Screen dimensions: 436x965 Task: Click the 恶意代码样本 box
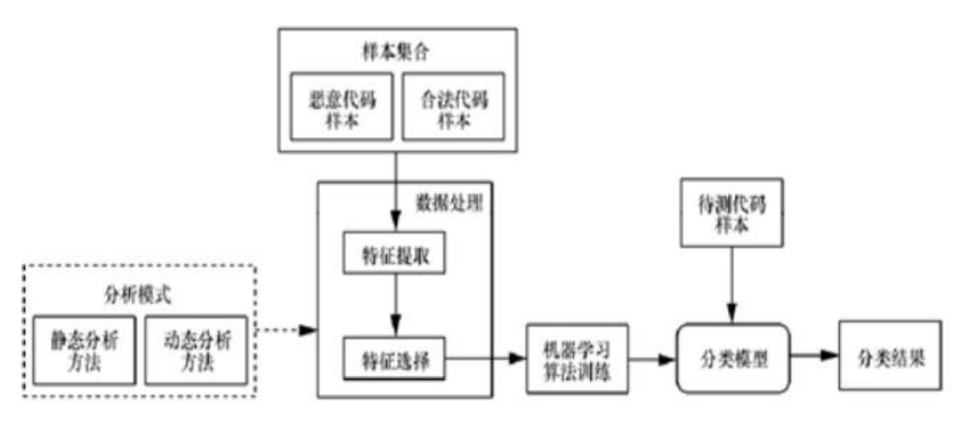click(x=340, y=108)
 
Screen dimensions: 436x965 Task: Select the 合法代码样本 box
click(x=454, y=108)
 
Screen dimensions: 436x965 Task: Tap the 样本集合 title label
click(x=396, y=52)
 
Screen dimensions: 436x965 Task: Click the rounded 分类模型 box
click(x=733, y=357)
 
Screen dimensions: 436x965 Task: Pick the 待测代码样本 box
click(x=732, y=211)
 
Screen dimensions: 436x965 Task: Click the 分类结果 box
click(x=889, y=356)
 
